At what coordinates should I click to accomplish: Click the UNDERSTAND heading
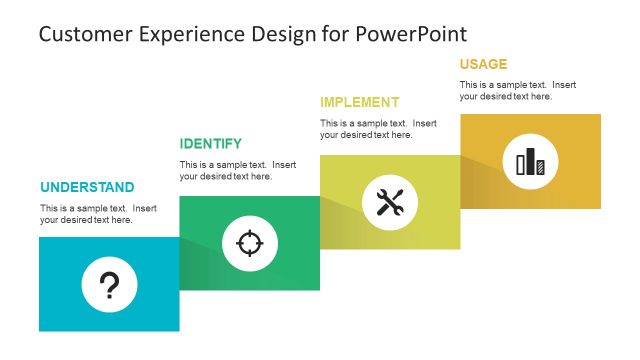pyautogui.click(x=87, y=187)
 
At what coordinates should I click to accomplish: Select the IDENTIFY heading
pyautogui.click(x=210, y=144)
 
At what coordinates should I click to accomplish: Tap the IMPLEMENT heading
pyautogui.click(x=359, y=102)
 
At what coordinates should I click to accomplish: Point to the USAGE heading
pyautogui.click(x=483, y=64)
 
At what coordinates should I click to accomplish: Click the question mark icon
pyautogui.click(x=109, y=285)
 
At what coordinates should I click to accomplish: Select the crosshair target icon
pyautogui.click(x=249, y=243)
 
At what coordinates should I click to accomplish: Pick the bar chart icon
pyautogui.click(x=530, y=161)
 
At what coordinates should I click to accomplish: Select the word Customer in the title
pyautogui.click(x=83, y=34)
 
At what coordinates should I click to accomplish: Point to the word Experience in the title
pyautogui.click(x=188, y=34)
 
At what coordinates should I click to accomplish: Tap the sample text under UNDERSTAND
pyautogui.click(x=99, y=214)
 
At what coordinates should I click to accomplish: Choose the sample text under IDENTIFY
pyautogui.click(x=238, y=170)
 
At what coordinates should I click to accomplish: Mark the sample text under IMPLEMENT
pyautogui.click(x=378, y=129)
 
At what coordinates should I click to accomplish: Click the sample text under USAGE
pyautogui.click(x=518, y=90)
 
